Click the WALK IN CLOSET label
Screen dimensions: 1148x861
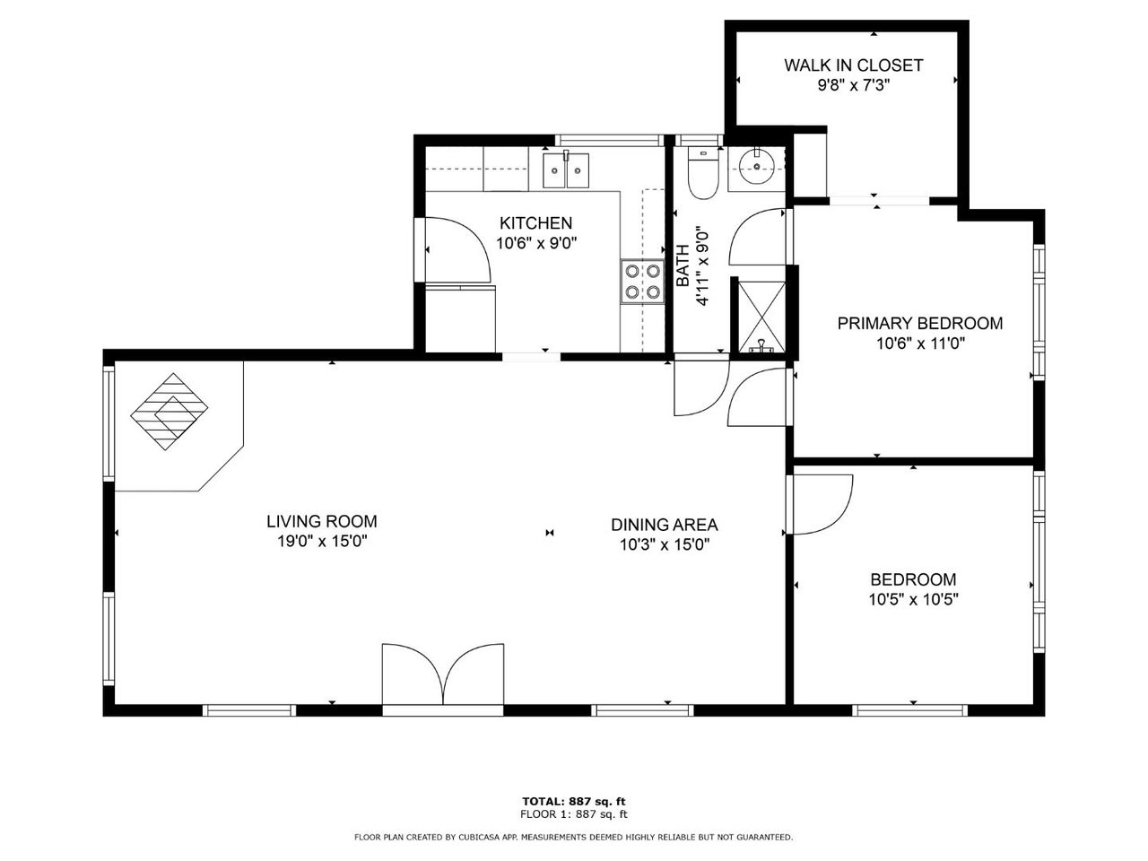coord(853,65)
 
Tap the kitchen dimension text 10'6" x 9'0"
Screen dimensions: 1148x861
coord(536,243)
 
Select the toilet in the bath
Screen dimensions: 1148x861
coord(702,172)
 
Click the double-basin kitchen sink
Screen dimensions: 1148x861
coord(565,170)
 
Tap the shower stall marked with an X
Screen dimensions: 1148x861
coord(761,317)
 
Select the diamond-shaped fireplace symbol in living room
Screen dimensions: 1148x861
coord(169,412)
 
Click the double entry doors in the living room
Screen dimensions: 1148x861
coord(443,674)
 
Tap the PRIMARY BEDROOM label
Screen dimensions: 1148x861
coord(920,323)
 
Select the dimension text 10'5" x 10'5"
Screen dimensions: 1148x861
coord(913,599)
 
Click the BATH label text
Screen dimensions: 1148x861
coord(683,265)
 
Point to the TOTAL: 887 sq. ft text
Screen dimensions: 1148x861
coord(574,802)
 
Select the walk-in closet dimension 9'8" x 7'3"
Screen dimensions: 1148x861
coord(854,85)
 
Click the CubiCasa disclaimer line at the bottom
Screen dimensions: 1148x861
coord(573,838)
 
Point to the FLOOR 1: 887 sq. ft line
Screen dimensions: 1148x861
coord(574,814)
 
